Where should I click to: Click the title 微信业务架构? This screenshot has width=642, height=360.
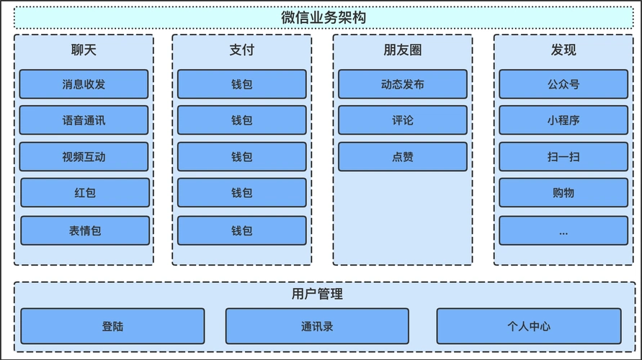[324, 17]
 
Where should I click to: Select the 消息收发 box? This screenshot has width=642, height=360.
[84, 84]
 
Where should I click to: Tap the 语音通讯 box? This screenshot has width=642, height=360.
[84, 120]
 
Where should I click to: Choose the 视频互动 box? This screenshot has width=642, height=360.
[84, 156]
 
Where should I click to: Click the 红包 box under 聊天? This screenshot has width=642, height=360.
[85, 193]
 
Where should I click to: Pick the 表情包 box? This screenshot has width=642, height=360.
[85, 230]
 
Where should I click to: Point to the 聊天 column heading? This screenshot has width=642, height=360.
[84, 50]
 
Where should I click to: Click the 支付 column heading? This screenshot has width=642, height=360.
[241, 50]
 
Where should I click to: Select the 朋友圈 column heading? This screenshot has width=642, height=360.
[402, 50]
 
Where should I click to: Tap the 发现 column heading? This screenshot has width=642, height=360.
[563, 50]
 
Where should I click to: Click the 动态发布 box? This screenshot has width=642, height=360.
[402, 84]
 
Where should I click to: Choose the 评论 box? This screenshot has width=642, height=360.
[402, 120]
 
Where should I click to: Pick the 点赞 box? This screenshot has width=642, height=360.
[402, 156]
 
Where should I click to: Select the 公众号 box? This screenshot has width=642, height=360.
[563, 84]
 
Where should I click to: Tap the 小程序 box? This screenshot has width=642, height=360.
[563, 120]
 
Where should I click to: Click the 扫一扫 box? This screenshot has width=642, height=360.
[563, 156]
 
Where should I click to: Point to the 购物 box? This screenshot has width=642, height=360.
[563, 193]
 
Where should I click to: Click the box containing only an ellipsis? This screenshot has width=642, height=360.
[563, 230]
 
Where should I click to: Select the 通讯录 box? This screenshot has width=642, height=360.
[317, 326]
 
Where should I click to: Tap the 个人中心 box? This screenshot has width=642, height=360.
[528, 326]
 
